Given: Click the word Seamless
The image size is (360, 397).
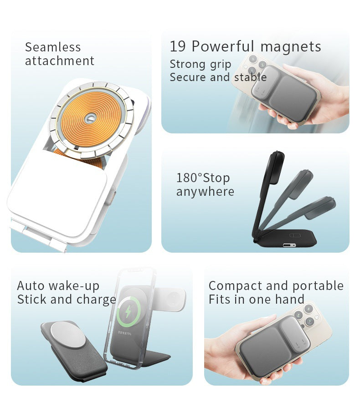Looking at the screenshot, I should [53, 47].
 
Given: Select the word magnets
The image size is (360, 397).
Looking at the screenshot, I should [291, 46].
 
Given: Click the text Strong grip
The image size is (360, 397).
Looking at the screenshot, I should [201, 64].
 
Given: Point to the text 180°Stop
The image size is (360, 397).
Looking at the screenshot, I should [203, 178].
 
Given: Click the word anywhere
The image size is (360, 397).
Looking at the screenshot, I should [205, 192].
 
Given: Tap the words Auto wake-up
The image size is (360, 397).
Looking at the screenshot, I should [58, 286].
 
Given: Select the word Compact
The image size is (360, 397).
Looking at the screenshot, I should [236, 286].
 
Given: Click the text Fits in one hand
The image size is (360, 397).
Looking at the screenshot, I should [257, 300].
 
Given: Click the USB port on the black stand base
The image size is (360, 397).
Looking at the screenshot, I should [289, 245].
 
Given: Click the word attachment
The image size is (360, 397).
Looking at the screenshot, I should [60, 61].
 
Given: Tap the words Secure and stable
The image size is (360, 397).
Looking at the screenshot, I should [218, 77].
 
